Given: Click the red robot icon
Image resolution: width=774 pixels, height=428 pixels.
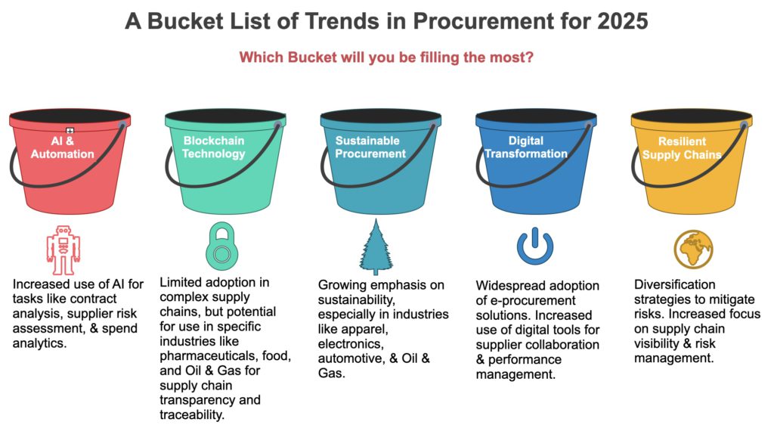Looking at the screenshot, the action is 63,250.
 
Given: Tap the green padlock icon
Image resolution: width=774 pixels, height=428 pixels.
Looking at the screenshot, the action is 221,246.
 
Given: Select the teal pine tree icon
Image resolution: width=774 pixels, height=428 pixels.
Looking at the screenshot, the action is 376,247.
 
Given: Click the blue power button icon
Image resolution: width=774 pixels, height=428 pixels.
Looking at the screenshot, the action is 535,246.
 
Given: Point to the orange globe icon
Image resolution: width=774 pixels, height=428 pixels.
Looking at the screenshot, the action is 694,249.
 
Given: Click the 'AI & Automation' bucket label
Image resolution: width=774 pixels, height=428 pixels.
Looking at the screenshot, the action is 62,147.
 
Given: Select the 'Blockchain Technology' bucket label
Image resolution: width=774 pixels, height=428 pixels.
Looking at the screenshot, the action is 214,147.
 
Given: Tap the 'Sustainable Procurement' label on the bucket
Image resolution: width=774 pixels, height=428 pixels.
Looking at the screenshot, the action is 370,147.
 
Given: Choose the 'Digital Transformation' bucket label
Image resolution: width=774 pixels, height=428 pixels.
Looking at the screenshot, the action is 526,147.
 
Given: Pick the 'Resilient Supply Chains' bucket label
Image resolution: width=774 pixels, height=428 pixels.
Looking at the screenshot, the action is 682,147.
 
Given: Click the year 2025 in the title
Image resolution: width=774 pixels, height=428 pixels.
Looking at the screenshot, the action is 623,21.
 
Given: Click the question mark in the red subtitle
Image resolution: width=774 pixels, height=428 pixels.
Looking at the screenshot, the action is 530,57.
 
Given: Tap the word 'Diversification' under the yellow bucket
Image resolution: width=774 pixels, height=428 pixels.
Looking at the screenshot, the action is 674,285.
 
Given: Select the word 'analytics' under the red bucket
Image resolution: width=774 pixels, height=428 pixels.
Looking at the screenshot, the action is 39,343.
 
